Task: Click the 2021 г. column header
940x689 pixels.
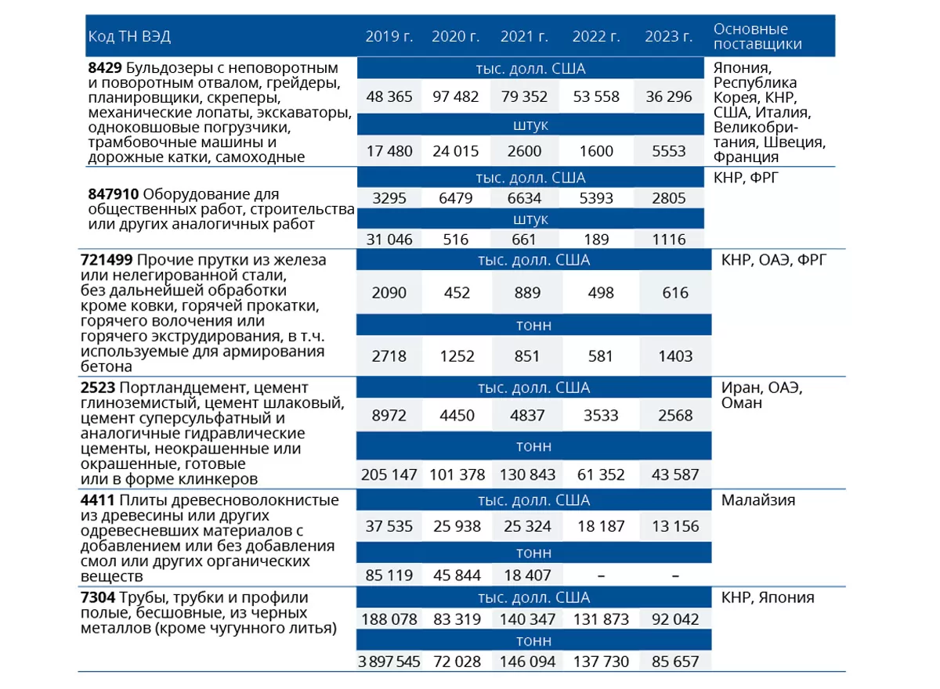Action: (524, 37)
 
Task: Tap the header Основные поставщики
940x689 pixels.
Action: (757, 37)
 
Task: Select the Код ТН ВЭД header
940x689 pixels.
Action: (129, 37)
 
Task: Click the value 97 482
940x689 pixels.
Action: (456, 97)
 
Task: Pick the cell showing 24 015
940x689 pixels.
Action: (456, 151)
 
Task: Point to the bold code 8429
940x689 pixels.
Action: (105, 67)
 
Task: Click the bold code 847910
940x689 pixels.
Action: (114, 194)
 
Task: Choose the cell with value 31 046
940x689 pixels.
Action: (389, 240)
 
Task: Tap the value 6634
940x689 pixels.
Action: (524, 198)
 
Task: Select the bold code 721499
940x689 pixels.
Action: (107, 260)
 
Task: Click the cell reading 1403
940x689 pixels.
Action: (675, 356)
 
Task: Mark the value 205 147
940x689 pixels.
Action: (389, 474)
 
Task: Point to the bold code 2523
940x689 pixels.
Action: (98, 388)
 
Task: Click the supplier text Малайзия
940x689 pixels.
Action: (758, 500)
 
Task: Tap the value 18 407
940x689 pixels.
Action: (527, 575)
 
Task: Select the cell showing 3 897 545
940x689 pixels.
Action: (389, 662)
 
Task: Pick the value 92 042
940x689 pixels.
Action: (675, 619)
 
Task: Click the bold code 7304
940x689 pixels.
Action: (98, 597)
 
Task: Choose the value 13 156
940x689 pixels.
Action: (675, 526)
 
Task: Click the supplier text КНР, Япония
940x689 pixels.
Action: (768, 597)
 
